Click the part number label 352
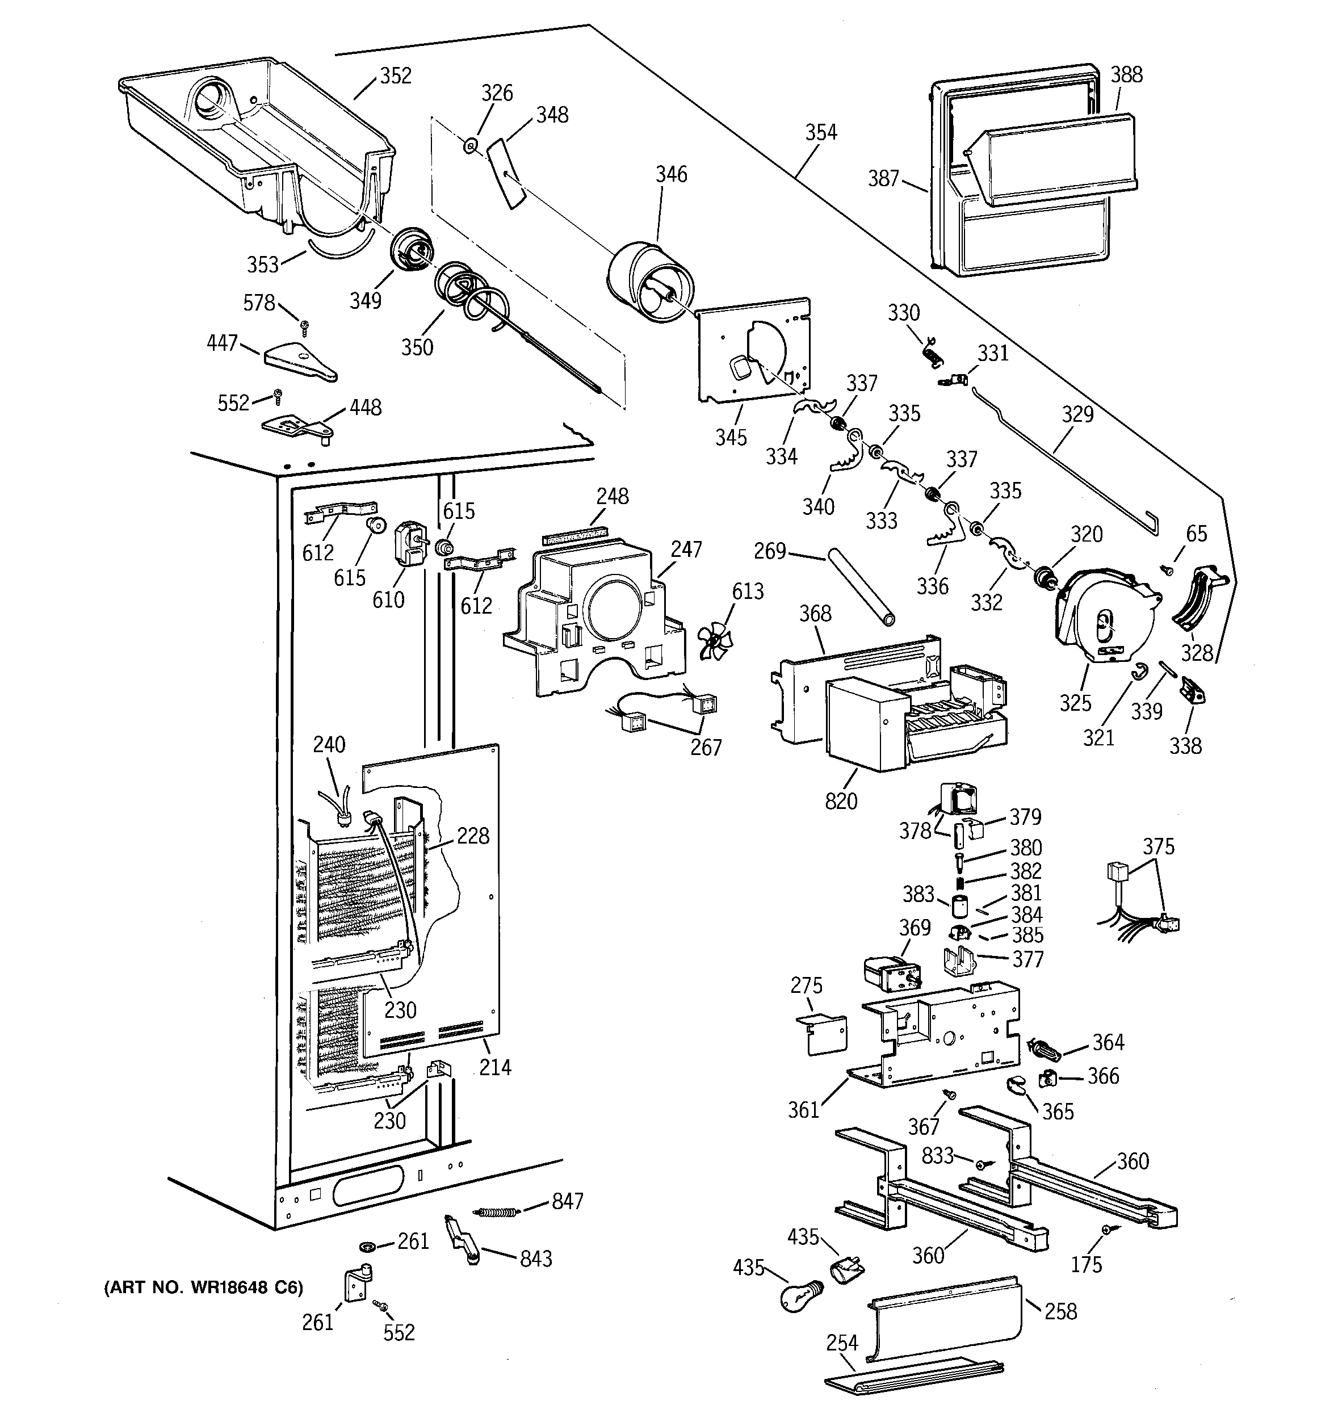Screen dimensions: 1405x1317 [395, 76]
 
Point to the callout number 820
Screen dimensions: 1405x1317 [841, 801]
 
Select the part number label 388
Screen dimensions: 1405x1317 [1126, 74]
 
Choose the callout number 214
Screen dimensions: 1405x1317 [495, 1067]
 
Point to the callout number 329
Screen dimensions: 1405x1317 [1077, 414]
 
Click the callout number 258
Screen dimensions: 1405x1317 [1060, 1311]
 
